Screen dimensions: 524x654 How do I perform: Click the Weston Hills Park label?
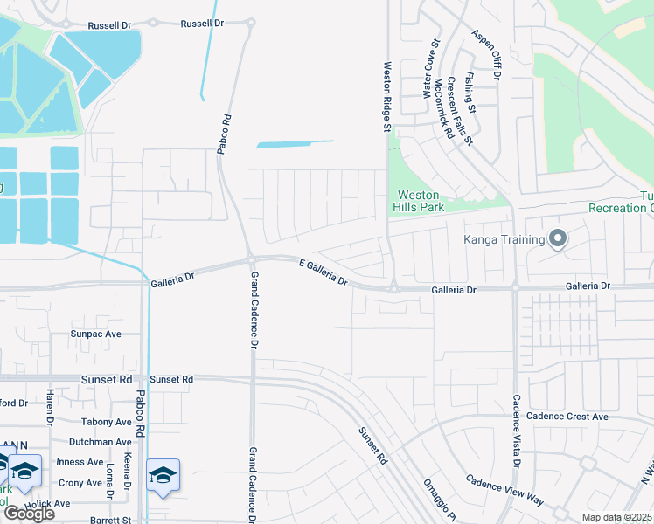point(421,201)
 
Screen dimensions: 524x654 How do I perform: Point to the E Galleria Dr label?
point(324,272)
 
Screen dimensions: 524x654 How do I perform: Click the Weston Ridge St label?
point(386,96)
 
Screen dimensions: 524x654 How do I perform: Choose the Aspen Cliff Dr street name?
point(485,54)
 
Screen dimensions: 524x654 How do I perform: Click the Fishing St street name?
point(470,93)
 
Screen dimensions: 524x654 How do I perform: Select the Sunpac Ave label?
point(96,334)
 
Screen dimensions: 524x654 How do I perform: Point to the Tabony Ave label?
point(107,422)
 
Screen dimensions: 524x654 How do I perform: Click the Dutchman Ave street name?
point(100,442)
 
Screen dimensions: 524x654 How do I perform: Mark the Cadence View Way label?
point(504,491)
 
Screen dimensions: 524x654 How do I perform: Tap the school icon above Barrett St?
point(163,476)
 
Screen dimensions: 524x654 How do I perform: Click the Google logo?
point(29,514)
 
